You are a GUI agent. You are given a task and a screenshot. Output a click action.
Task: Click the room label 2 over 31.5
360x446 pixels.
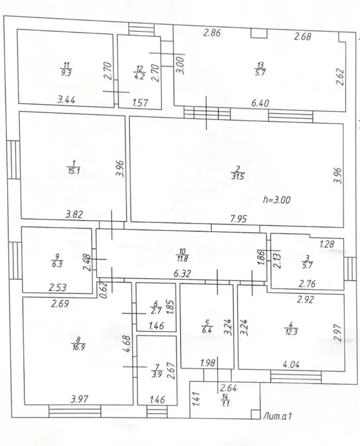tap(238, 173)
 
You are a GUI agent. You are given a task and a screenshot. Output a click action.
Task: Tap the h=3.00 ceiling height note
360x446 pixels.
tap(277, 200)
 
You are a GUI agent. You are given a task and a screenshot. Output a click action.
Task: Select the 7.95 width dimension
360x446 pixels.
tap(238, 219)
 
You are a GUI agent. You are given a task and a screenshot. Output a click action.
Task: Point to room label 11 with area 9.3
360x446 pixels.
tap(66, 69)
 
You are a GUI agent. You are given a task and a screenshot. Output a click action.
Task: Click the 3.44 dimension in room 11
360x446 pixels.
tap(66, 100)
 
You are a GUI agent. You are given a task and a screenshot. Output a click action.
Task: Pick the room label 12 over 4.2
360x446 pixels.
tap(139, 73)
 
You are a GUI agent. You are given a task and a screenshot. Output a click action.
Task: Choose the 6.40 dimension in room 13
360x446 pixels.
tap(260, 103)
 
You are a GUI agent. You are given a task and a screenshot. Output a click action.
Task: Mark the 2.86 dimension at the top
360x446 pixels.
tap(212, 33)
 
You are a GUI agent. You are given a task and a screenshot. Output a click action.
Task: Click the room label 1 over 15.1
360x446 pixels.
tap(73, 167)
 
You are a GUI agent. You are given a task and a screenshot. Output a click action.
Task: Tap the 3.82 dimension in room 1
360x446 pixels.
tap(74, 214)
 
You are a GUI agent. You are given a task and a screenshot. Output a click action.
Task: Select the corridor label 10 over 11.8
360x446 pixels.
tap(182, 255)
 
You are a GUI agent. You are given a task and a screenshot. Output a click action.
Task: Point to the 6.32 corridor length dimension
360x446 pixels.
tap(182, 274)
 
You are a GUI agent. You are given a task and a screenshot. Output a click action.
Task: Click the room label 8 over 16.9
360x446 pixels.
tap(78, 343)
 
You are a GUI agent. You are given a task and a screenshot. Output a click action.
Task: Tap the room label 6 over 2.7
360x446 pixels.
tap(156, 307)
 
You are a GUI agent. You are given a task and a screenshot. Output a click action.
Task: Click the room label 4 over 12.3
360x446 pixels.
tap(291, 328)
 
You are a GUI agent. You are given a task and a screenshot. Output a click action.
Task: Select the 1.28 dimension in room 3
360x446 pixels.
tap(327, 244)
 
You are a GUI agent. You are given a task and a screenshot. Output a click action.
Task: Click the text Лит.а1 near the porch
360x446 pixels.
tap(277, 416)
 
